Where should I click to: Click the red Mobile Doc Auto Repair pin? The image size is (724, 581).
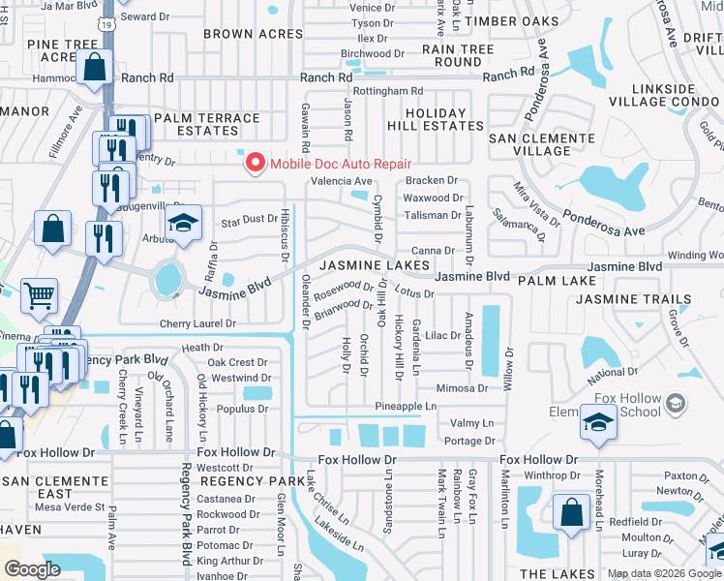(x=256, y=162)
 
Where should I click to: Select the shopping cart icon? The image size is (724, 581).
(x=39, y=295)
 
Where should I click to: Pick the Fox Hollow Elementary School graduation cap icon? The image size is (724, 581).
(x=599, y=422)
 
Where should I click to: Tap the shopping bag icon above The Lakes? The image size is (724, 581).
(x=571, y=511)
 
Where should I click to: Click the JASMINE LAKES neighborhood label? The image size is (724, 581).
(x=374, y=265)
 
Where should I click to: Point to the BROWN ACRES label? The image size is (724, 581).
(x=253, y=34)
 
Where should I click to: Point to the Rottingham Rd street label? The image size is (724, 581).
(x=389, y=91)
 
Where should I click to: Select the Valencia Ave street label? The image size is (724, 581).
(x=341, y=181)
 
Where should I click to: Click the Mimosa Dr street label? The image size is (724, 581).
(x=462, y=388)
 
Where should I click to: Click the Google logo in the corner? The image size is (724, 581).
(x=32, y=569)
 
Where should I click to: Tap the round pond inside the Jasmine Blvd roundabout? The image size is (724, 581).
(x=168, y=279)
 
